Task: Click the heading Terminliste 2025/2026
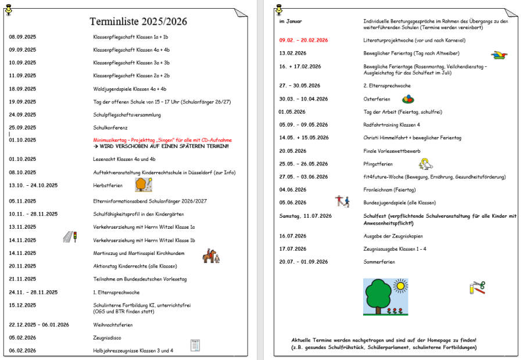click(138, 21)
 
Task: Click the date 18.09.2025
click(22, 89)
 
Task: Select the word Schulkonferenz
click(110, 127)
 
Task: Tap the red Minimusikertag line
click(162, 140)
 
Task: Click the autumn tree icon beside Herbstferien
click(144, 184)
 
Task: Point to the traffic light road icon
click(70, 236)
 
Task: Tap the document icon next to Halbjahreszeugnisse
click(195, 345)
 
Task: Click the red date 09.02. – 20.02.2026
click(303, 40)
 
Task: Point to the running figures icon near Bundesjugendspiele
click(342, 201)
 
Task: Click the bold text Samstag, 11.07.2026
click(305, 215)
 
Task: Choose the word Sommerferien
click(379, 262)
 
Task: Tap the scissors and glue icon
click(477, 287)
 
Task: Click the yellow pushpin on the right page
click(279, 9)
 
